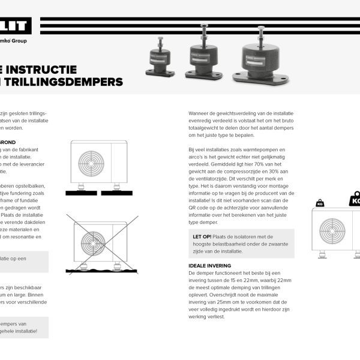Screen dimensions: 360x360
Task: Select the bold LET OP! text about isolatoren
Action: pyautogui.click(x=201, y=236)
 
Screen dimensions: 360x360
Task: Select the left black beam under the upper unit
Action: pyautogui.click(x=82, y=193)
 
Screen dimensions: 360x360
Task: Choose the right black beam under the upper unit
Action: pyautogui.click(x=113, y=193)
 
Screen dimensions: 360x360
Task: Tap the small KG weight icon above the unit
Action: pyautogui.click(x=319, y=203)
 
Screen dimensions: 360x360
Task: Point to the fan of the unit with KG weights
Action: pyautogui.click(x=332, y=230)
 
